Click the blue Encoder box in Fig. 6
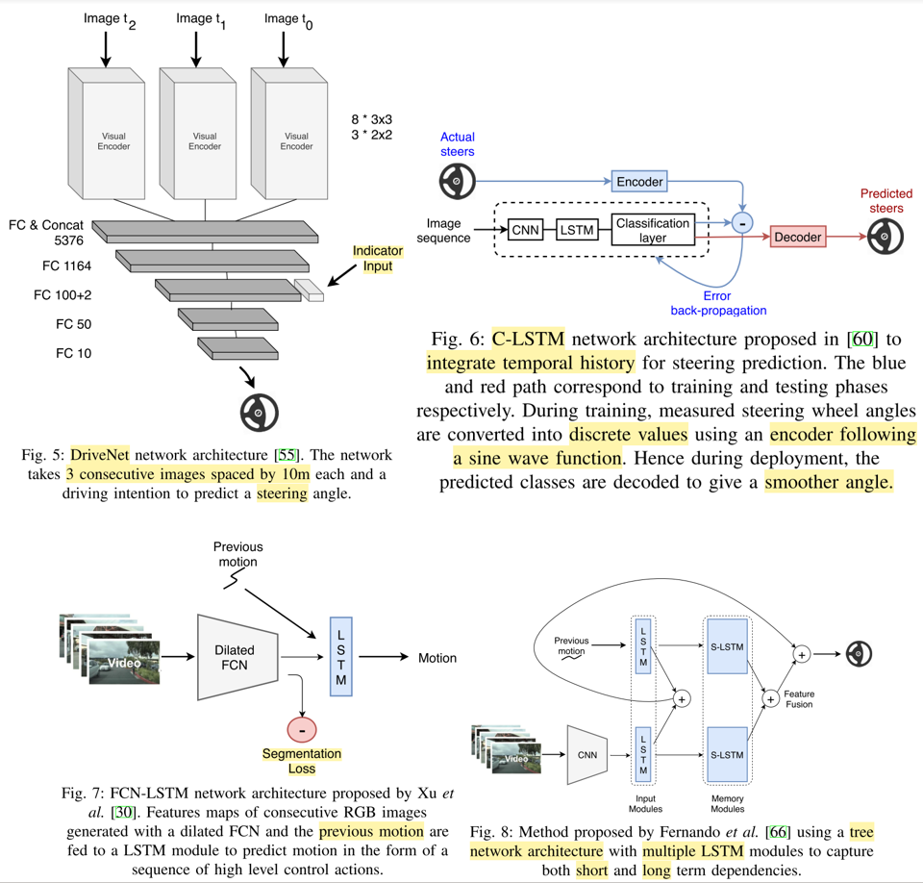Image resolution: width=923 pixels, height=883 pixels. (x=639, y=181)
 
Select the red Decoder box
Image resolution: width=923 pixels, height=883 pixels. (x=798, y=237)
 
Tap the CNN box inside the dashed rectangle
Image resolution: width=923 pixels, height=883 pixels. (x=525, y=230)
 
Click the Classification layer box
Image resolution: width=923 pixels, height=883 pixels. (x=653, y=230)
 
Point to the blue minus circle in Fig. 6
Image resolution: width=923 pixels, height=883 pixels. (x=742, y=222)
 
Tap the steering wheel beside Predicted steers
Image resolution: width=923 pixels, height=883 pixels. (x=886, y=237)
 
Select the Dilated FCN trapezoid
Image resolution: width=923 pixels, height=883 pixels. (x=236, y=657)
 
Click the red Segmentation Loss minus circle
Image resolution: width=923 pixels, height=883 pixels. (x=302, y=730)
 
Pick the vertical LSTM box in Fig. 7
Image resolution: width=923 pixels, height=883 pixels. (x=340, y=657)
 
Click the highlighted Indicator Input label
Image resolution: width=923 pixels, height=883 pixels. (x=378, y=259)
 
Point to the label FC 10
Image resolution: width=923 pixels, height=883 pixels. (x=73, y=353)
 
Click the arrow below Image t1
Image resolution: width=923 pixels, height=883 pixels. (x=196, y=48)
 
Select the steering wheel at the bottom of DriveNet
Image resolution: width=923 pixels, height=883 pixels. (x=259, y=412)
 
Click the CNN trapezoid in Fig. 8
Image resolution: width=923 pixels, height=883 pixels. (x=587, y=755)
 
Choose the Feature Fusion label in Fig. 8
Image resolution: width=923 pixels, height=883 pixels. (x=798, y=698)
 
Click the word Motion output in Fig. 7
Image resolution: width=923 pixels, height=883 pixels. (x=437, y=658)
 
